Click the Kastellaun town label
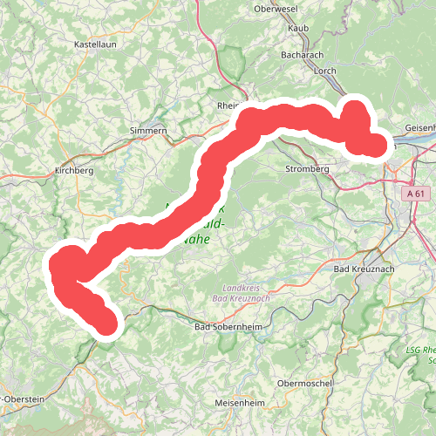tap(95, 43)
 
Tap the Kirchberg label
tap(73, 171)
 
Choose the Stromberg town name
tap(305, 169)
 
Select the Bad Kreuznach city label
tap(364, 270)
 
